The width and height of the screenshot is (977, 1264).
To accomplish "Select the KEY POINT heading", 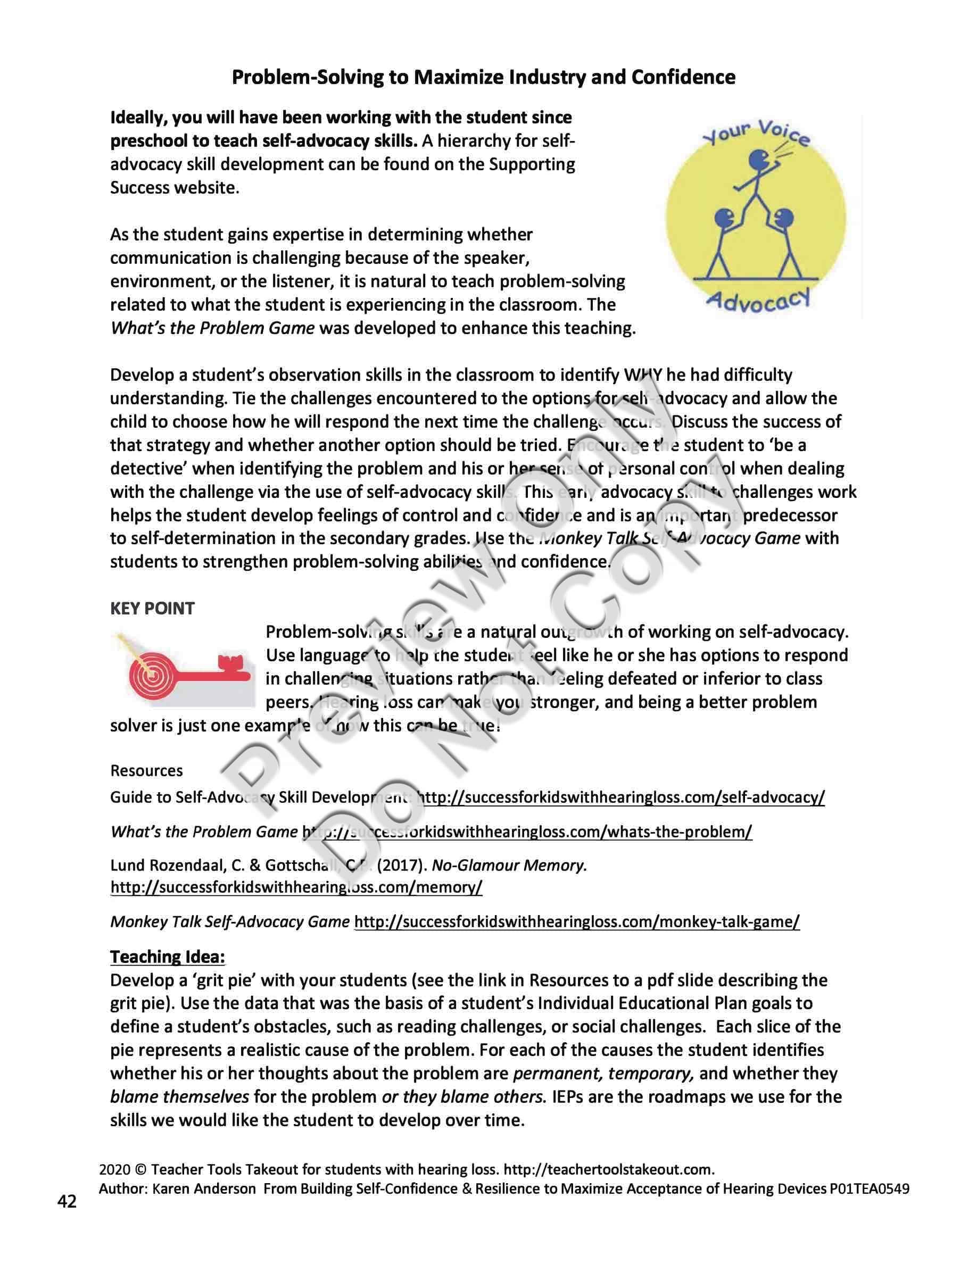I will tap(152, 608).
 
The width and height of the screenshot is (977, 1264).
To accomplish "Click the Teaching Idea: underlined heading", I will tap(167, 957).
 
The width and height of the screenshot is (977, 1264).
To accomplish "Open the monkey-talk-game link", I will tap(576, 922).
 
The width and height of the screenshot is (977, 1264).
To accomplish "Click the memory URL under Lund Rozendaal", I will tap(296, 887).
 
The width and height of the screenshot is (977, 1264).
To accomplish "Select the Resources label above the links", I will tap(146, 771).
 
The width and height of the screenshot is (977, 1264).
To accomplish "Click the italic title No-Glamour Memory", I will tap(509, 865).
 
